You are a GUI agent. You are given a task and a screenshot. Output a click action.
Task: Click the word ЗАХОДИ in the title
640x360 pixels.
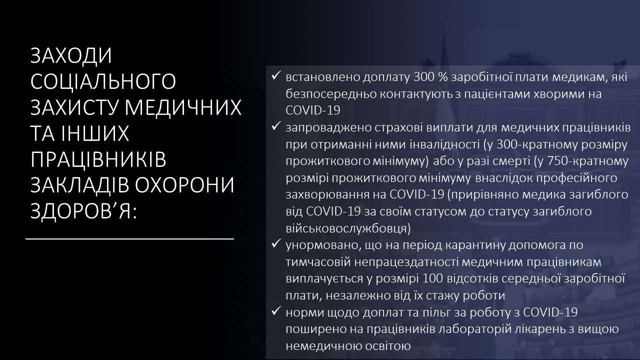click(x=71, y=55)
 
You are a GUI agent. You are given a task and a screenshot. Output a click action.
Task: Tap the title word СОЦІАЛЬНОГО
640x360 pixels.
click(x=103, y=81)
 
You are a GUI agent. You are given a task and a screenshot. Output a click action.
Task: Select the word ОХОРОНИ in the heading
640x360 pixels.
click(x=184, y=185)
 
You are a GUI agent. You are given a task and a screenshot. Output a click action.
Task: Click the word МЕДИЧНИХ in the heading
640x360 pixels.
click(x=183, y=107)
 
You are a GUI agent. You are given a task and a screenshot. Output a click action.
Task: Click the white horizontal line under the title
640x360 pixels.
click(x=129, y=239)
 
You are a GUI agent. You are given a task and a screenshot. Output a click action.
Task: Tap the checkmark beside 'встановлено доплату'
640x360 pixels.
click(x=275, y=75)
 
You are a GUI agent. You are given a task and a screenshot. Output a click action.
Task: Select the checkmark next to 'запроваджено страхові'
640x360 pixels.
click(x=275, y=126)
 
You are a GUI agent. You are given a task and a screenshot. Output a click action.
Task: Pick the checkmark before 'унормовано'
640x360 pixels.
click(x=275, y=243)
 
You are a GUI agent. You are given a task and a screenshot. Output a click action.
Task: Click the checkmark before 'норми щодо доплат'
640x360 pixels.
click(x=275, y=311)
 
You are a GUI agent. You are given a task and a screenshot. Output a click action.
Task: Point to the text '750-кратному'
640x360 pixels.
click(x=588, y=161)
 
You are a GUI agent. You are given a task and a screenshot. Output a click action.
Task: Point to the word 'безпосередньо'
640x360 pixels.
click(x=331, y=94)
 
